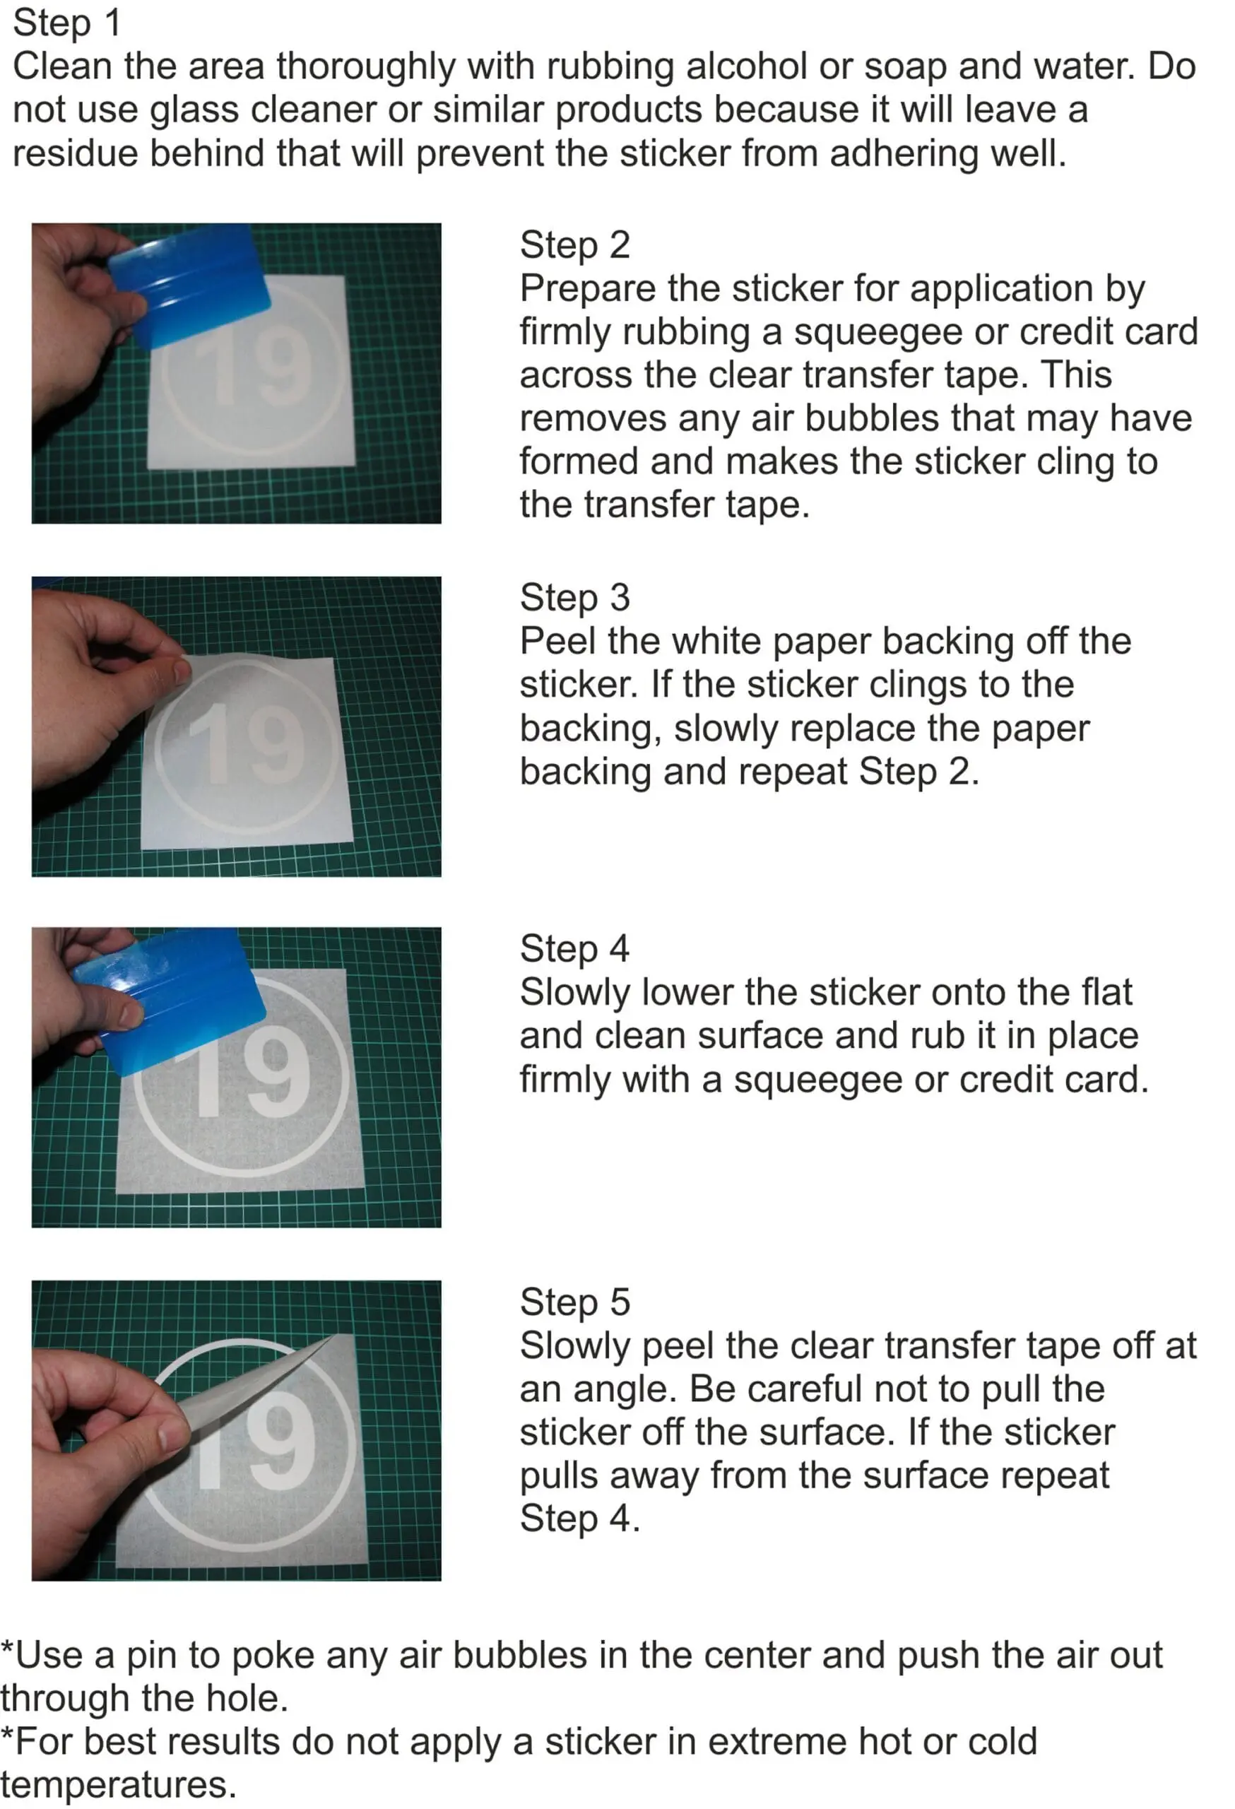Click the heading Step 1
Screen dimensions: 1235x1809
[67, 23]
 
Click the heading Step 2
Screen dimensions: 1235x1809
[574, 245]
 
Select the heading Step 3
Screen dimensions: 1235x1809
[574, 598]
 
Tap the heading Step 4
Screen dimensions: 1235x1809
[574, 949]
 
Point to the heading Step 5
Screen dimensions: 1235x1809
[574, 1302]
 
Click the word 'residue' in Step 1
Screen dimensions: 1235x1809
[75, 153]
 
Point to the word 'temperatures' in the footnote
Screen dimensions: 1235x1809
[117, 1786]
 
